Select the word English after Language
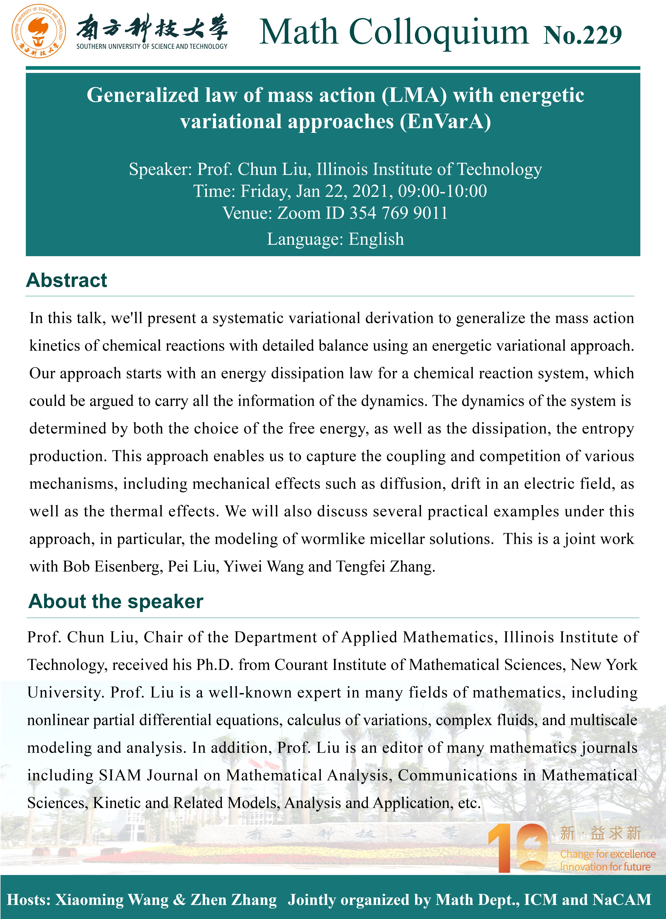point(376,239)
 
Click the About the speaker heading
point(116,601)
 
